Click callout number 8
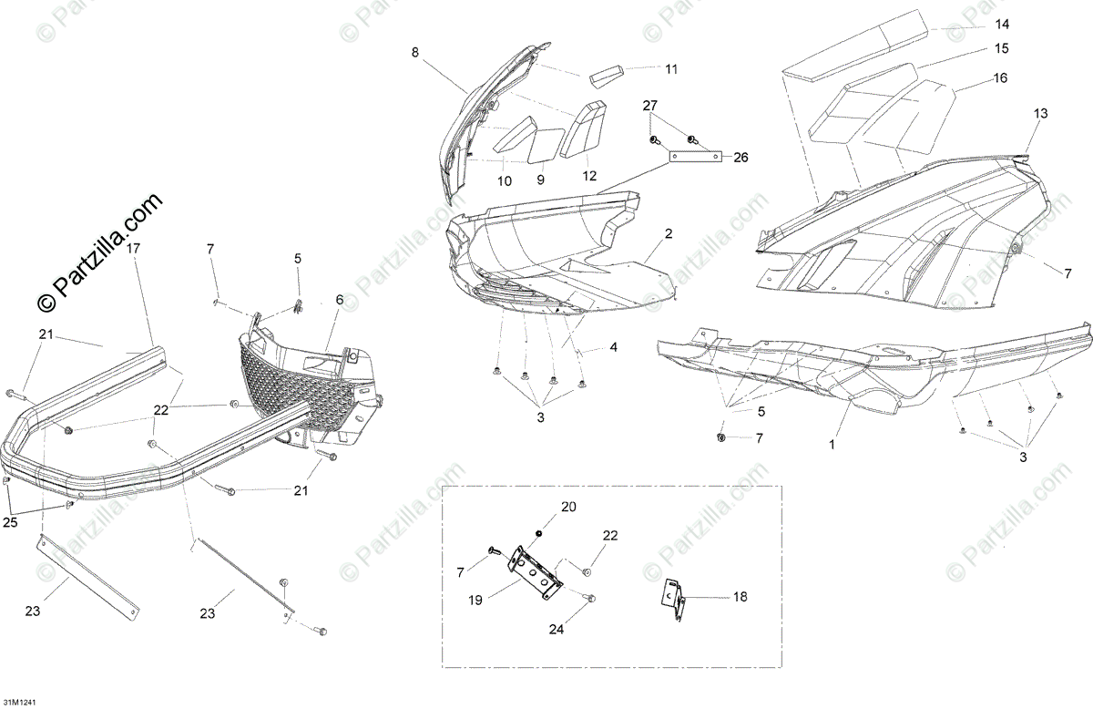click(x=415, y=53)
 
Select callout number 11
click(x=670, y=69)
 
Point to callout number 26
click(x=741, y=158)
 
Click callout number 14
click(x=1002, y=24)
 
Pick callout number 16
click(x=1000, y=78)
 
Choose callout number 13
click(x=1040, y=114)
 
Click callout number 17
click(x=133, y=248)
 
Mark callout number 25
click(x=10, y=521)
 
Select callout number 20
click(x=568, y=507)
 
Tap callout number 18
click(x=740, y=596)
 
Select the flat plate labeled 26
click(x=697, y=157)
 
